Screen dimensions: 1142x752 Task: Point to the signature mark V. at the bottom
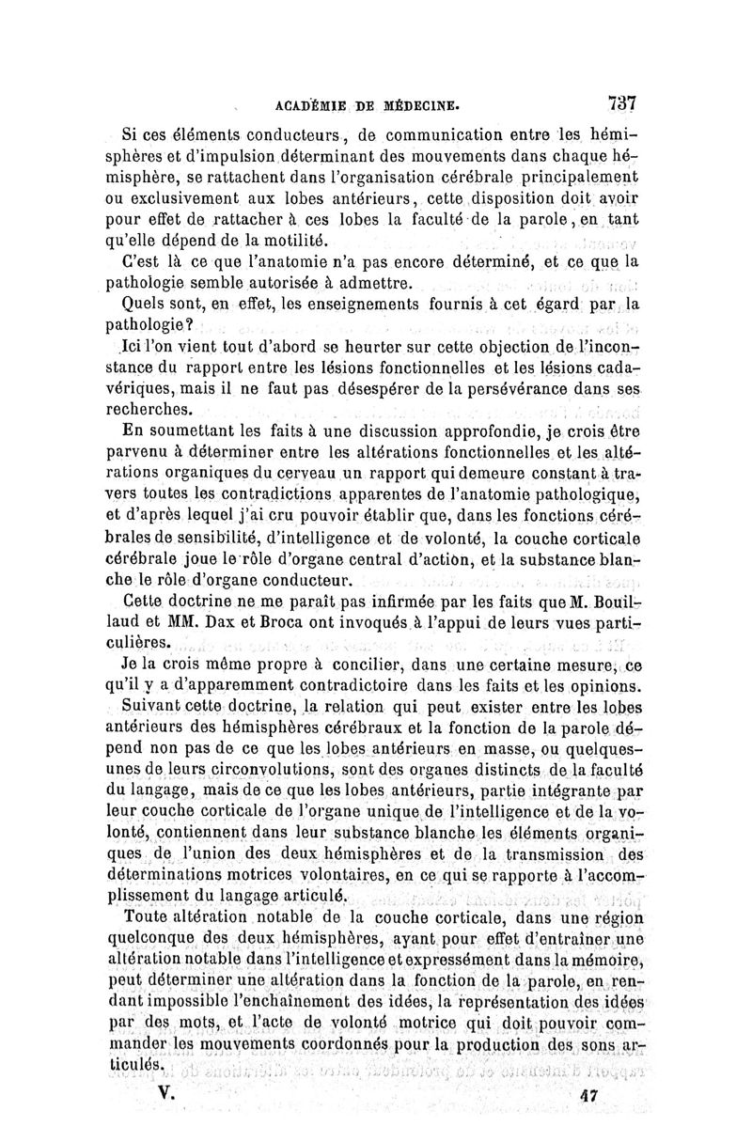click(x=170, y=1094)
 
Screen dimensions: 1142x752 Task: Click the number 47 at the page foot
click(x=590, y=1096)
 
